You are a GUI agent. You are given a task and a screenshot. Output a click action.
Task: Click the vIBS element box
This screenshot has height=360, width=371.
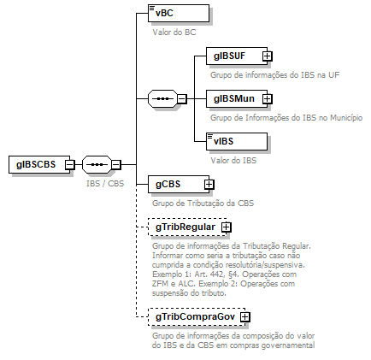pyautogui.click(x=237, y=142)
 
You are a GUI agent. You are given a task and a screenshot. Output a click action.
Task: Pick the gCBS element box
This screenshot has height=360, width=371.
pyautogui.click(x=174, y=184)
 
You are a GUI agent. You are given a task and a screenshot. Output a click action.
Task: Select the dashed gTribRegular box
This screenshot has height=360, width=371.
pyautogui.click(x=184, y=227)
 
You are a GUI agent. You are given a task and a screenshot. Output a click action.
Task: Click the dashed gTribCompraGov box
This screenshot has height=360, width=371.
pyautogui.click(x=193, y=316)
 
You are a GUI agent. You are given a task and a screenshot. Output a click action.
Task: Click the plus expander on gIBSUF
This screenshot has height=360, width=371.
pyautogui.click(x=268, y=56)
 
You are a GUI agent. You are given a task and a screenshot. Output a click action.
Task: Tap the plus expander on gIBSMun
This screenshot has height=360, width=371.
pyautogui.click(x=267, y=99)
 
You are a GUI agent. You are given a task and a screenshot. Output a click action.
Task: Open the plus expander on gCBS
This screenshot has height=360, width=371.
pyautogui.click(x=209, y=184)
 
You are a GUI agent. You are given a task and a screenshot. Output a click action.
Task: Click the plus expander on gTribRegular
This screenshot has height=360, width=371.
pyautogui.click(x=227, y=227)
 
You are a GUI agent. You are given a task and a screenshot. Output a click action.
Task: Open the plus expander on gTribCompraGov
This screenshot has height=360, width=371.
pyautogui.click(x=245, y=316)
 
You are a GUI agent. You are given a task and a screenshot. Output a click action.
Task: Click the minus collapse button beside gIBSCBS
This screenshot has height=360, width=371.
pyautogui.click(x=68, y=165)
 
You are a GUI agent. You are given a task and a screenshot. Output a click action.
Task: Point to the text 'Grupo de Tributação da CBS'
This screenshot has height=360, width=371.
pyautogui.click(x=203, y=203)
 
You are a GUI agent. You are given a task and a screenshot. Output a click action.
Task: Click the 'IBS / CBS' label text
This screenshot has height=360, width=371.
pyautogui.click(x=105, y=183)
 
